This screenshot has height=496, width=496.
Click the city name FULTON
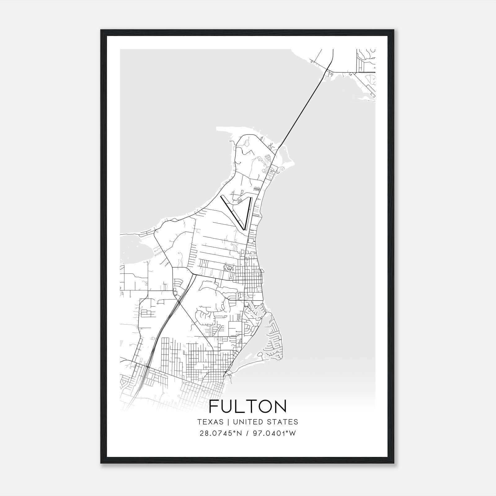[x=248, y=406]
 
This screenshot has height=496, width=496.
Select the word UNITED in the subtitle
[x=246, y=422]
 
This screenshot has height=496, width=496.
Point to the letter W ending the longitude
[x=293, y=433]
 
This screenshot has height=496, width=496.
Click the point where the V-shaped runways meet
[x=245, y=229]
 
